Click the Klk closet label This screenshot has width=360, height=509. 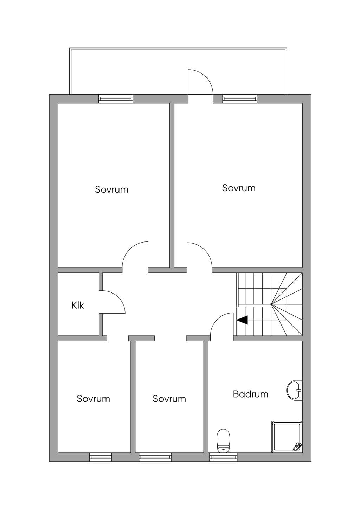pyautogui.click(x=78, y=305)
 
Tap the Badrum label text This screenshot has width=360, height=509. pyautogui.click(x=250, y=394)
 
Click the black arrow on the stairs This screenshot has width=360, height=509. pyautogui.click(x=242, y=320)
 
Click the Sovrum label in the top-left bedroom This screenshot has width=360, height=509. pyautogui.click(x=111, y=189)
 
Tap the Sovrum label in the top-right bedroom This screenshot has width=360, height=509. pyautogui.click(x=239, y=188)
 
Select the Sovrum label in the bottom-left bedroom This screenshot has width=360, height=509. pyautogui.click(x=93, y=399)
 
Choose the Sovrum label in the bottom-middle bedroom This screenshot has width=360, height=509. pyautogui.click(x=169, y=399)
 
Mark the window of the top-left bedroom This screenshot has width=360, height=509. pyautogui.click(x=116, y=99)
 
